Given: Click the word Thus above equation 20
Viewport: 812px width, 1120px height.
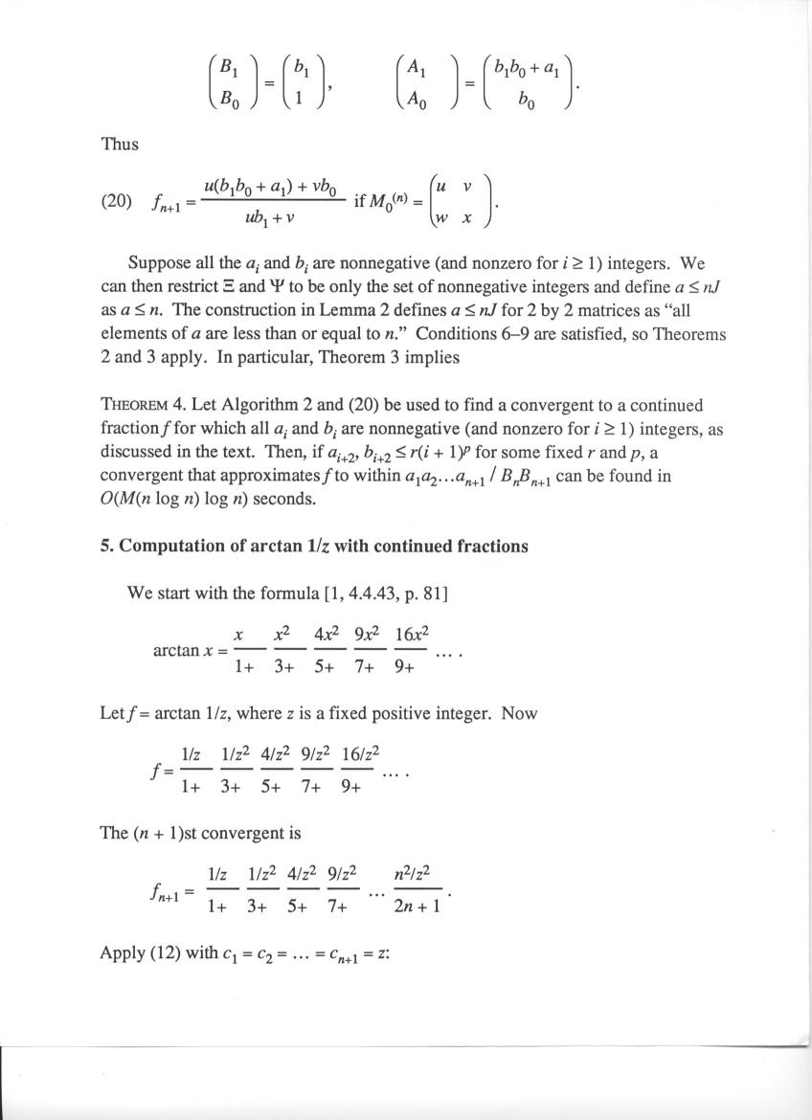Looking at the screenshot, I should [120, 145].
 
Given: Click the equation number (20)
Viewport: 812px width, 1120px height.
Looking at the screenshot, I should [117, 202].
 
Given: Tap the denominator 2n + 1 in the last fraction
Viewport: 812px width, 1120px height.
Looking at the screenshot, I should [417, 905].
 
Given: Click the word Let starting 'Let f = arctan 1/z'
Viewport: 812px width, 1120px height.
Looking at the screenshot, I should [111, 713].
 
